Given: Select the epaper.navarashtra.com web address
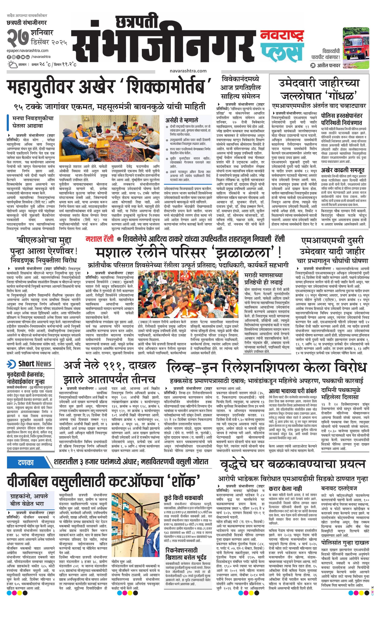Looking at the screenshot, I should coord(28,51).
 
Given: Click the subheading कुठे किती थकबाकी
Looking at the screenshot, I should coord(183,498).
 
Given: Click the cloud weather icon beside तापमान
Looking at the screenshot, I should coord(12,65).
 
